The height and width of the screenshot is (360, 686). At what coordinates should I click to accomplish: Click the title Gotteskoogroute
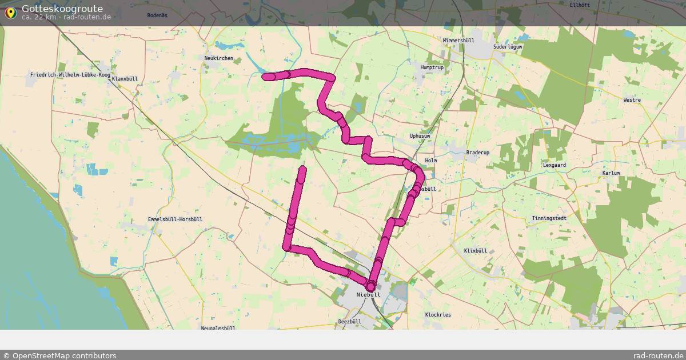(x=62, y=9)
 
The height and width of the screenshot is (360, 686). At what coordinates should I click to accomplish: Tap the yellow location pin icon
(x=10, y=12)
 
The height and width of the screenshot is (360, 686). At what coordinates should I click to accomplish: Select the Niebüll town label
(x=368, y=295)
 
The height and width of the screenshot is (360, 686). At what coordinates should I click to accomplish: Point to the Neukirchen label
(x=218, y=58)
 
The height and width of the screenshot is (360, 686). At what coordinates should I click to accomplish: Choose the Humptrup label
(x=432, y=67)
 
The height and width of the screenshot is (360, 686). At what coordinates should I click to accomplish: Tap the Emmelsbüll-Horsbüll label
(x=175, y=219)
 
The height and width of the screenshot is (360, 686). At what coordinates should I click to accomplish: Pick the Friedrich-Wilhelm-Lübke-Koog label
(x=70, y=75)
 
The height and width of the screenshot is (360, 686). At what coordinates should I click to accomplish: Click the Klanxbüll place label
(x=125, y=79)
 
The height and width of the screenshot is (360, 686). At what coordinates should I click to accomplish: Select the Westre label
(x=632, y=100)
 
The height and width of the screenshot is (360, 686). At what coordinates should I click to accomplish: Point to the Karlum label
(x=611, y=173)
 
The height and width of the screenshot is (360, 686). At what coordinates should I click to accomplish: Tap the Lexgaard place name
(x=554, y=165)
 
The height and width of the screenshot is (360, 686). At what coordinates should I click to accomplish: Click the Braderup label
(x=478, y=153)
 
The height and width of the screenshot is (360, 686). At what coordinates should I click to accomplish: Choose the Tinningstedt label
(x=549, y=218)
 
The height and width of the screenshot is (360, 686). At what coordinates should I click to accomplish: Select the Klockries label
(x=438, y=315)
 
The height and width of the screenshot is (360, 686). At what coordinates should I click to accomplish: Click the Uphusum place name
(x=420, y=136)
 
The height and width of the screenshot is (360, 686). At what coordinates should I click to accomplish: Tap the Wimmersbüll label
(x=458, y=41)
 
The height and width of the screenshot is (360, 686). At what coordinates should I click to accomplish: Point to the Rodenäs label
(x=157, y=15)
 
